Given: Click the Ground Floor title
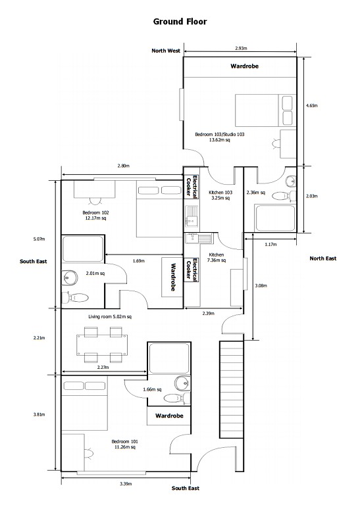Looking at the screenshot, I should click(180, 22).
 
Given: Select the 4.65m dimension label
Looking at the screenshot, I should click(312, 105).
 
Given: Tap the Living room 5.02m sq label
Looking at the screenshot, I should click(110, 317).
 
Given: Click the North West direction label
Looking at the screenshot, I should click(166, 51).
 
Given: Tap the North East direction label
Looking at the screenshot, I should click(322, 258).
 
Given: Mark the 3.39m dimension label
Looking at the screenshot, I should click(126, 483).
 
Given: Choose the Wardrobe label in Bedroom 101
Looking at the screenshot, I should click(168, 416).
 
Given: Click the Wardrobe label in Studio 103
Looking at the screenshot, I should click(244, 67).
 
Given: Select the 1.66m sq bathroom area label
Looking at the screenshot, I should click(152, 389).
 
